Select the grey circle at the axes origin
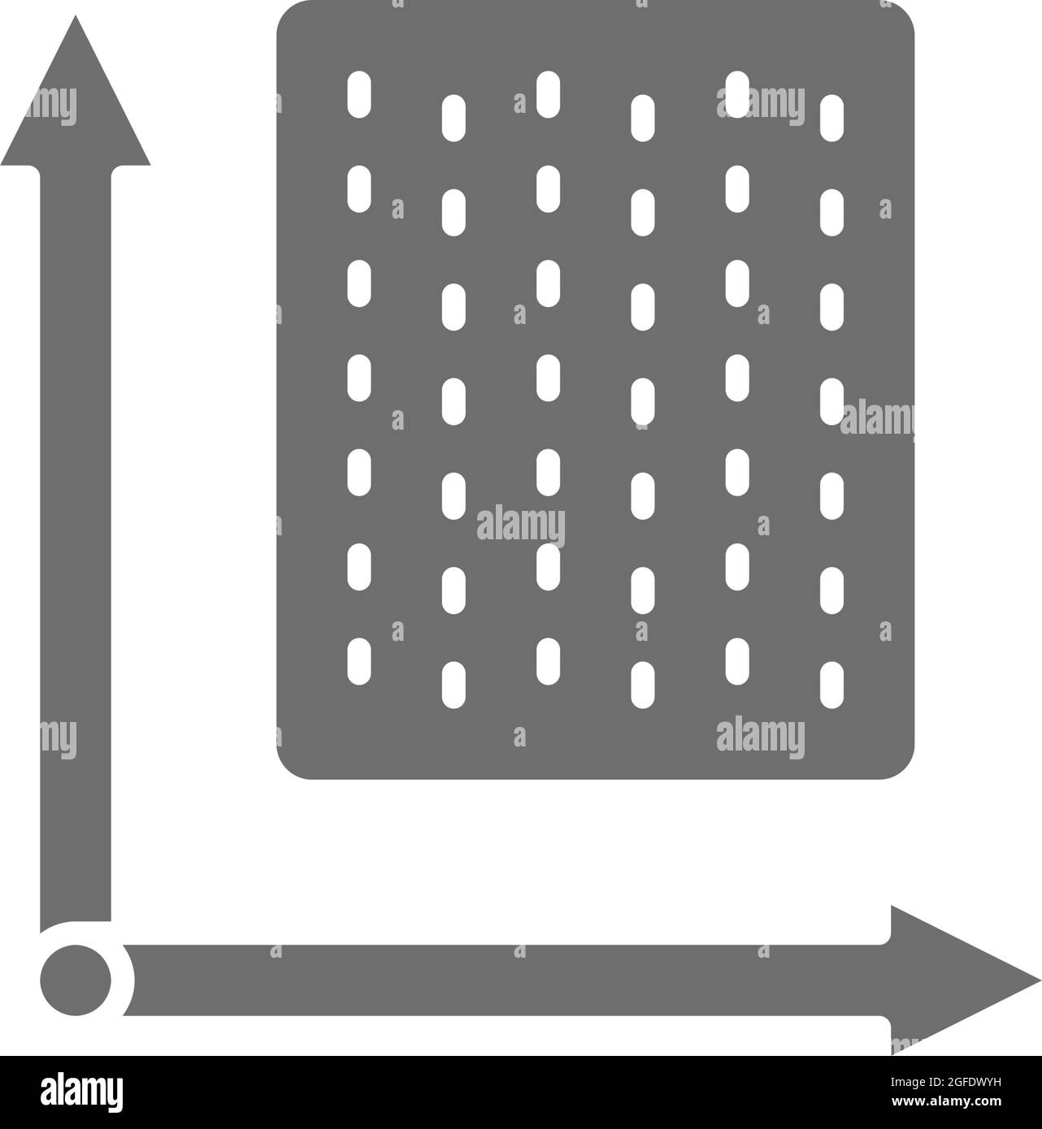[76, 980]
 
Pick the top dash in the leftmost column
[359, 94]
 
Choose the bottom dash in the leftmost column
[359, 661]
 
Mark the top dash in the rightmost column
[831, 119]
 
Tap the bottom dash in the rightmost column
[831, 685]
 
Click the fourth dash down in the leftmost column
[359, 378]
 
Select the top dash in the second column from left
[454, 119]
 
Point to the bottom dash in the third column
[548, 661]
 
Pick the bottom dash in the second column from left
[454, 685]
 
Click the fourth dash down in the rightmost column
[831, 401]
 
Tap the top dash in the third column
[548, 94]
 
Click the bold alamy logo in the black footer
[81, 1093]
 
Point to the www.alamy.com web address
[946, 1101]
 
